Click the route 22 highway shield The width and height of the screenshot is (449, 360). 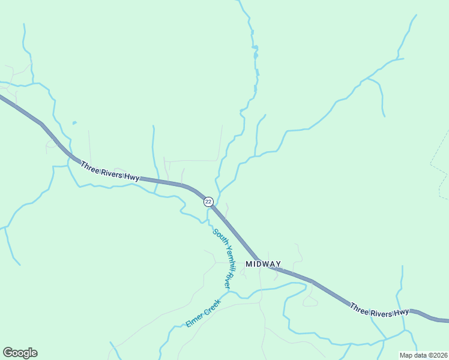click(x=208, y=202)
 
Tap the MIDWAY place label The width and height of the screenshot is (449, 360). click(x=263, y=264)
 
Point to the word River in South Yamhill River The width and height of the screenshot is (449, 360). click(x=228, y=278)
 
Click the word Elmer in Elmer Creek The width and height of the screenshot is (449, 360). click(x=194, y=321)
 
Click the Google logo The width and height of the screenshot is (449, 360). click(x=20, y=353)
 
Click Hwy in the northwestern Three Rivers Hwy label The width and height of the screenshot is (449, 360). click(x=132, y=176)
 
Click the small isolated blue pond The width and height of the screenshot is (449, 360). click(x=74, y=123)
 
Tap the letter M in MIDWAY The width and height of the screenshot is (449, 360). click(x=249, y=264)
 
